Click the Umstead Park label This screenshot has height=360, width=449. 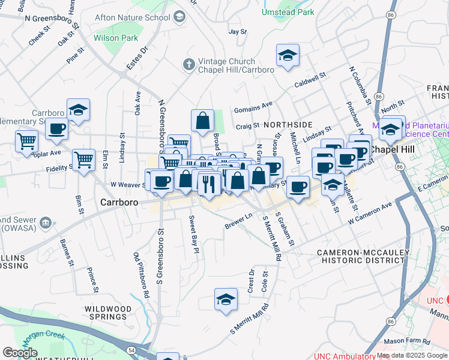pyautogui.click(x=288, y=12)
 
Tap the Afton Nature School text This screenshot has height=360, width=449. pyautogui.click(x=132, y=17)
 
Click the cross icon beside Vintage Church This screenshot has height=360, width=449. pyautogui.click(x=188, y=64)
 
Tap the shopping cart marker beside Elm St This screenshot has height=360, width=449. pyautogui.click(x=83, y=160)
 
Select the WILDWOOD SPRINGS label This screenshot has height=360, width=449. pyautogui.click(x=108, y=313)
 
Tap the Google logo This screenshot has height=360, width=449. pyautogui.click(x=20, y=353)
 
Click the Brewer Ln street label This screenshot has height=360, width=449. pyautogui.click(x=238, y=221)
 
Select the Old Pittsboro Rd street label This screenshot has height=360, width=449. pyautogui.click(x=142, y=276)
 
